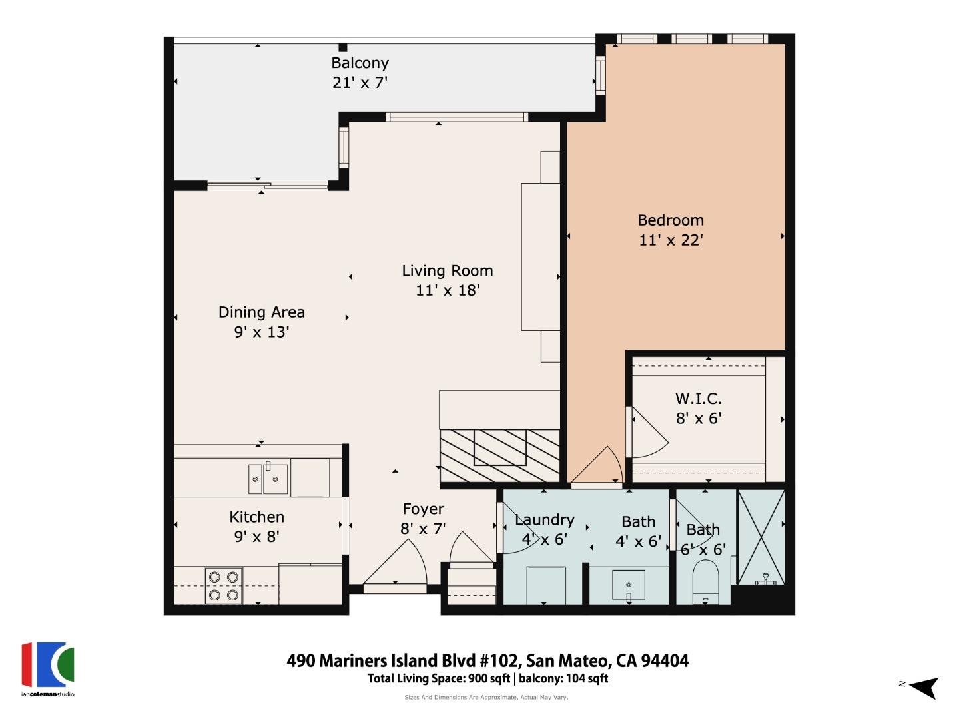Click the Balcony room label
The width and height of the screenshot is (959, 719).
[360, 63]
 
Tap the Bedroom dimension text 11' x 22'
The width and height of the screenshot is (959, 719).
[671, 240]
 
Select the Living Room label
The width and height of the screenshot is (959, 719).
[447, 271]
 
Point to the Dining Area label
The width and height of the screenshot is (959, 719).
[261, 312]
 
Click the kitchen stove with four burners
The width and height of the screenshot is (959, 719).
[223, 585]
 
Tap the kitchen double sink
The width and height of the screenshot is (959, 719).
[268, 478]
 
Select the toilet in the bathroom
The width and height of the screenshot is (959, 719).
[706, 581]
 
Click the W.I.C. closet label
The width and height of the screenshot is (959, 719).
[698, 399]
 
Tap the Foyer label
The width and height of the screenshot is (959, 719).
[423, 509]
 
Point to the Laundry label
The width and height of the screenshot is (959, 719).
[544, 520]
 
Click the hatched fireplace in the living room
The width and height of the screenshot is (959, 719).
[499, 456]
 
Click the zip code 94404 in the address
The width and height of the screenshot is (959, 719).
[664, 660]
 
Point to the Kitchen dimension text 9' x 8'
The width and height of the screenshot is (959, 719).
[256, 536]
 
